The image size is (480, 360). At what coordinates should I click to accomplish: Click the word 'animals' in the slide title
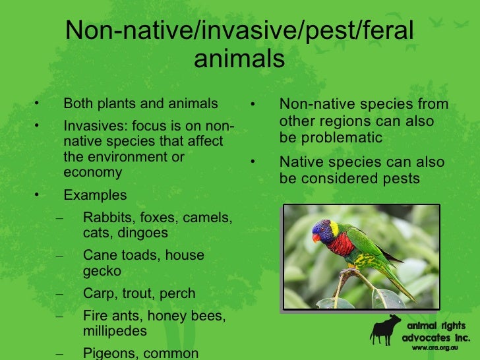pos(239,59)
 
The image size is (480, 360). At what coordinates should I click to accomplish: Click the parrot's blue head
pos(323,229)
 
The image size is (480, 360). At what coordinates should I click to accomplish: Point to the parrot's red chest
pos(342,244)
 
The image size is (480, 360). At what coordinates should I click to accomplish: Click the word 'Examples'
pos(95,195)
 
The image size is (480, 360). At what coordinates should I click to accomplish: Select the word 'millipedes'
pos(115,331)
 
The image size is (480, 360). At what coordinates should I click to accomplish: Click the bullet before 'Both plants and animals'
pos(38,104)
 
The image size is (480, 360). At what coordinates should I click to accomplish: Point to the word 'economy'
pos(93,173)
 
